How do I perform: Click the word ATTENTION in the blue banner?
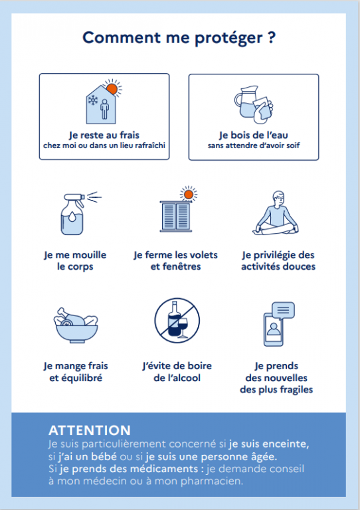[x=90, y=430]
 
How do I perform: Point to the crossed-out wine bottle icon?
[x=177, y=321]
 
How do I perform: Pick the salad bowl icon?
[x=76, y=325]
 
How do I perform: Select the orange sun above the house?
[x=112, y=88]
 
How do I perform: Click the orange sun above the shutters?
[x=188, y=195]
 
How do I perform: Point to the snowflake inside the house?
[x=94, y=100]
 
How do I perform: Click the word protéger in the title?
[x=228, y=39]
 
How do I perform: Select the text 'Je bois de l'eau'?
[x=253, y=135]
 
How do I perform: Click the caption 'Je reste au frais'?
[x=104, y=135]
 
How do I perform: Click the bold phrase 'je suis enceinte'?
[x=268, y=444]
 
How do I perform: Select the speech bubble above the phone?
[x=283, y=310]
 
